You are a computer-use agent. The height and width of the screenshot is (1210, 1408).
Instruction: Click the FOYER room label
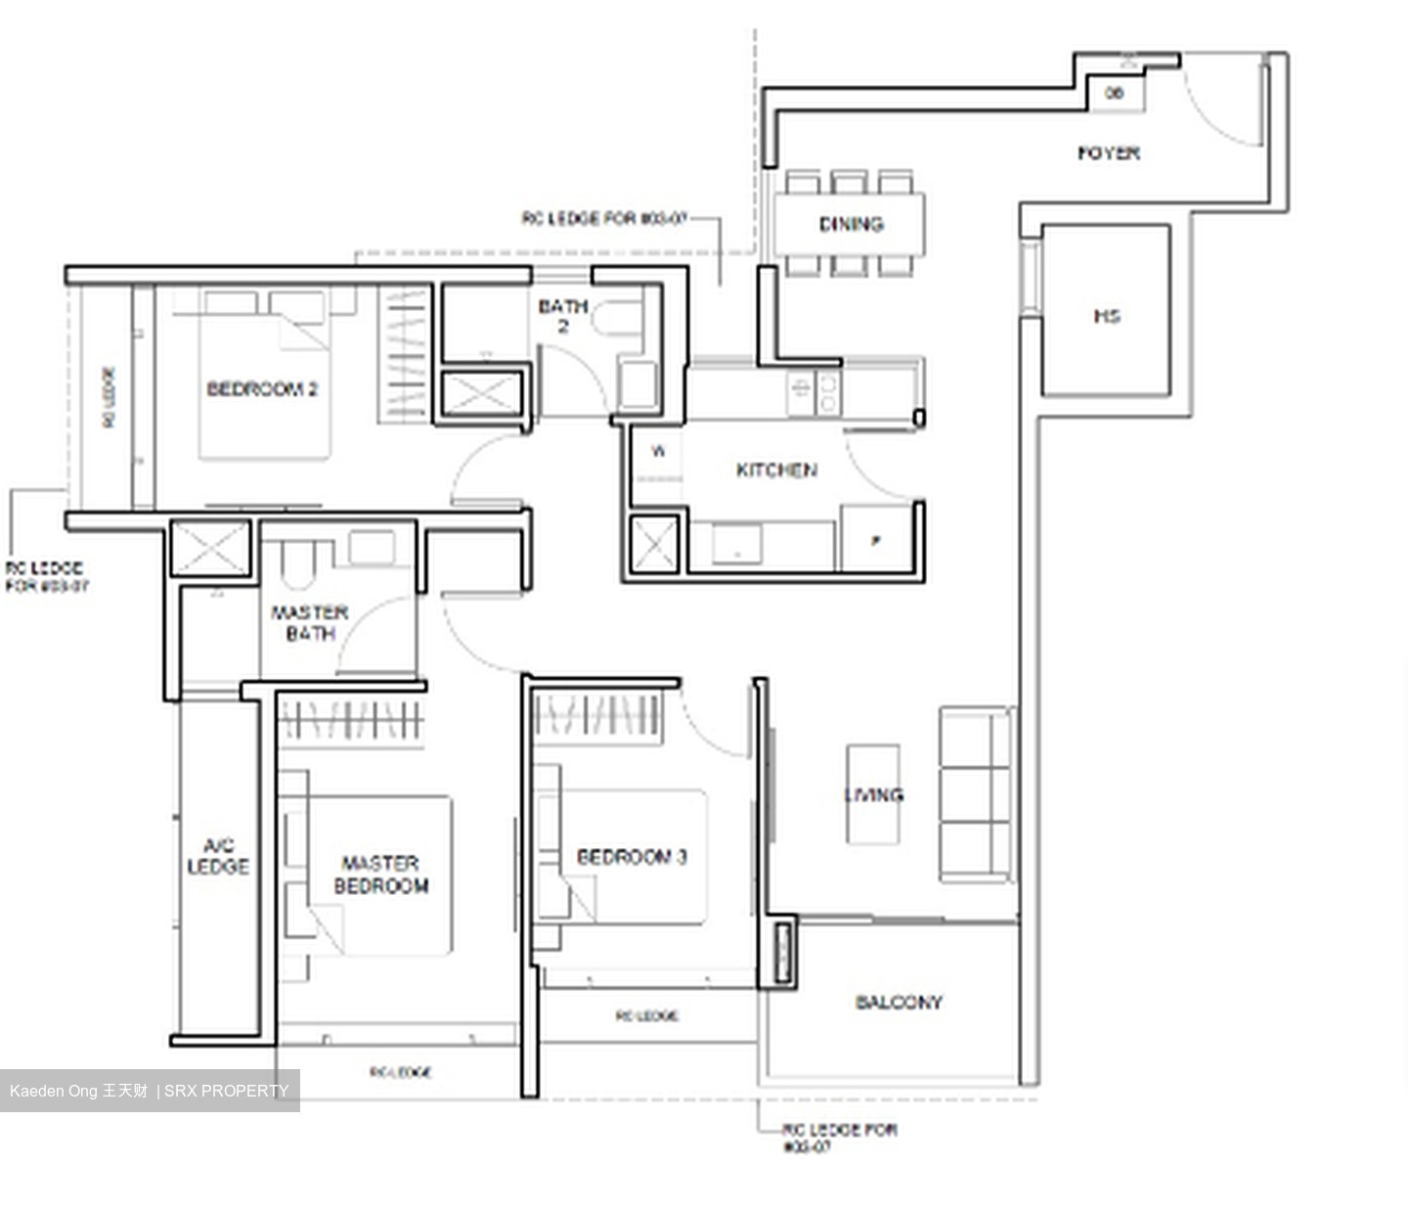[x=1108, y=153]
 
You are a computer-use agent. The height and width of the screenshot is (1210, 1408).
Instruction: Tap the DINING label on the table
[x=851, y=224]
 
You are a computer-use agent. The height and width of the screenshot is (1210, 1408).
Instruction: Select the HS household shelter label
[x=1106, y=315]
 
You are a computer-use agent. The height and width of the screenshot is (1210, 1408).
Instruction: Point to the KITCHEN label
[x=776, y=471]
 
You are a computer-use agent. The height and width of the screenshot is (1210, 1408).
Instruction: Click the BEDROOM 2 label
[x=262, y=389]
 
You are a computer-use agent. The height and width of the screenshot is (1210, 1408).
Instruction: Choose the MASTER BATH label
[x=310, y=623]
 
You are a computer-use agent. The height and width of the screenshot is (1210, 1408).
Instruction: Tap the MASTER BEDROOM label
[x=380, y=874]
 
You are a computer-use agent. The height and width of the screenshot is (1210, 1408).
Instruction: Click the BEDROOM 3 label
[x=632, y=857]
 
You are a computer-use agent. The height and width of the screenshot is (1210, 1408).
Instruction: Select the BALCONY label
[x=899, y=1002]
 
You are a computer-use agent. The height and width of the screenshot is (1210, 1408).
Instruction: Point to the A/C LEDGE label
[x=218, y=856]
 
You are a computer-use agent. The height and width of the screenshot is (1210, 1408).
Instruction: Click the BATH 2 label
[x=563, y=316]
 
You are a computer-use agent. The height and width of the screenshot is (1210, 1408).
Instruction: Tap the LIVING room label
[x=874, y=794]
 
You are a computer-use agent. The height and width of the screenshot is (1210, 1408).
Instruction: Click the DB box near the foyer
[x=1114, y=93]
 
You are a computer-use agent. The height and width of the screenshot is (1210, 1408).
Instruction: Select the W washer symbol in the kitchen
[x=658, y=451]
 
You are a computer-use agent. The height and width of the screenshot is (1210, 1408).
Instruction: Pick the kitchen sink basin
[x=736, y=544]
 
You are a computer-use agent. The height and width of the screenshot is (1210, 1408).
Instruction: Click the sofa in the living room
[x=975, y=794]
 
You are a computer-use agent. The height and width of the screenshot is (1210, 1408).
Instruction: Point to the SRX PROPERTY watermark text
[x=226, y=1091]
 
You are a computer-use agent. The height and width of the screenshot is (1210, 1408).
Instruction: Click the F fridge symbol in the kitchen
[x=875, y=540]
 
